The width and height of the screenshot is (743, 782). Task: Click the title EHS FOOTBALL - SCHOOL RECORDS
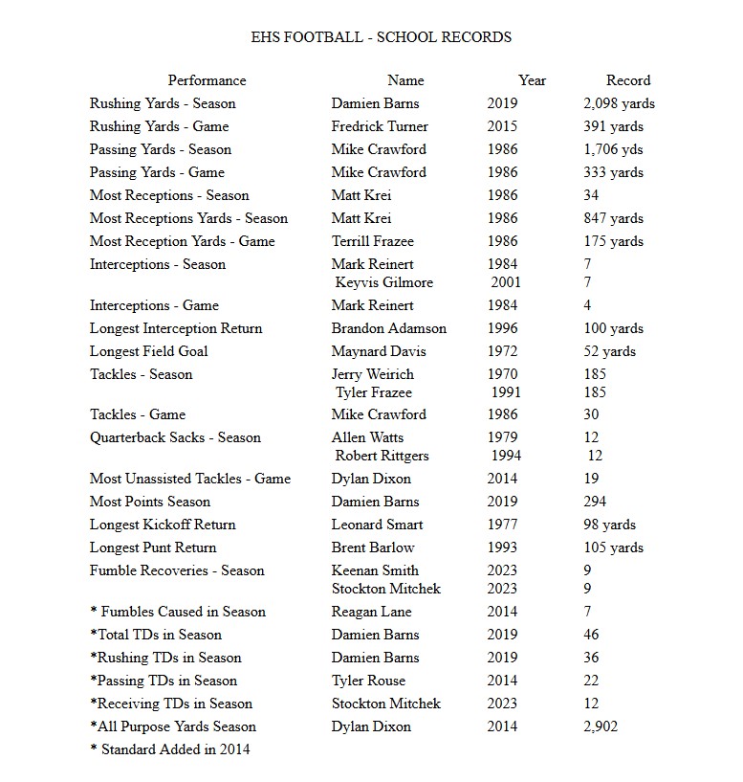[380, 37]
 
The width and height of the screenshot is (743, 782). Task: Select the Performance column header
[207, 80]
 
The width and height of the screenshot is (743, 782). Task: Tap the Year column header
[532, 80]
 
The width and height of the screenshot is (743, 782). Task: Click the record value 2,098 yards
[619, 103]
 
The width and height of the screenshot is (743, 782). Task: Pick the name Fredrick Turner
[380, 126]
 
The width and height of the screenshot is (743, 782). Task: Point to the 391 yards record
[613, 126]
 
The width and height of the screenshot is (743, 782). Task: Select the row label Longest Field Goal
[148, 351]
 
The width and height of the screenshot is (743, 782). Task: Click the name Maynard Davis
[379, 351]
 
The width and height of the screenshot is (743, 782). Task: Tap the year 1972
[502, 351]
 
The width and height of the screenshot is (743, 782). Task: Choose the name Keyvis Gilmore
[383, 282]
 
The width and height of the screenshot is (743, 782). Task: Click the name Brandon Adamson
[388, 328]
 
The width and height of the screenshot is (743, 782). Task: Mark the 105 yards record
[613, 547]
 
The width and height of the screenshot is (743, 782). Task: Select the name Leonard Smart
[377, 525]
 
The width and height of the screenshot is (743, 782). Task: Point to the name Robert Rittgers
[382, 456]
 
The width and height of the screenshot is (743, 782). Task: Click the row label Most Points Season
[150, 502]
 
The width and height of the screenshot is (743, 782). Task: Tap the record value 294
[595, 502]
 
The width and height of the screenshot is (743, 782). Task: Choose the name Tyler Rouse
[368, 681]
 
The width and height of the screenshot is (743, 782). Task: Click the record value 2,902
[601, 726]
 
